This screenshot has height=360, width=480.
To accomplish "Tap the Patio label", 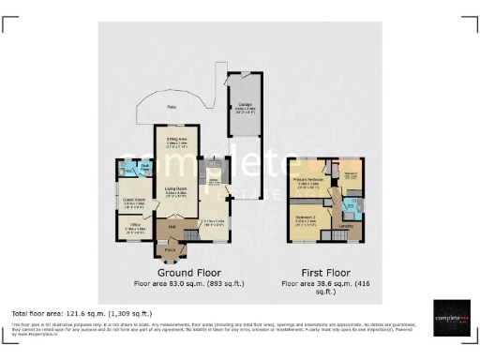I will [x=172, y=108].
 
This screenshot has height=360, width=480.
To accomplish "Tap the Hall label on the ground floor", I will [x=172, y=226].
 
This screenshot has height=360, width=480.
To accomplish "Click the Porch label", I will [x=171, y=250].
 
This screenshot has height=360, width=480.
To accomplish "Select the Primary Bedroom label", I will [x=308, y=178].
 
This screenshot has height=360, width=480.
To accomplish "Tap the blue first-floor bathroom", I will [x=349, y=203].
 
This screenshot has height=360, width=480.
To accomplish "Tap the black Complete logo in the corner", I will [x=454, y=319].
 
